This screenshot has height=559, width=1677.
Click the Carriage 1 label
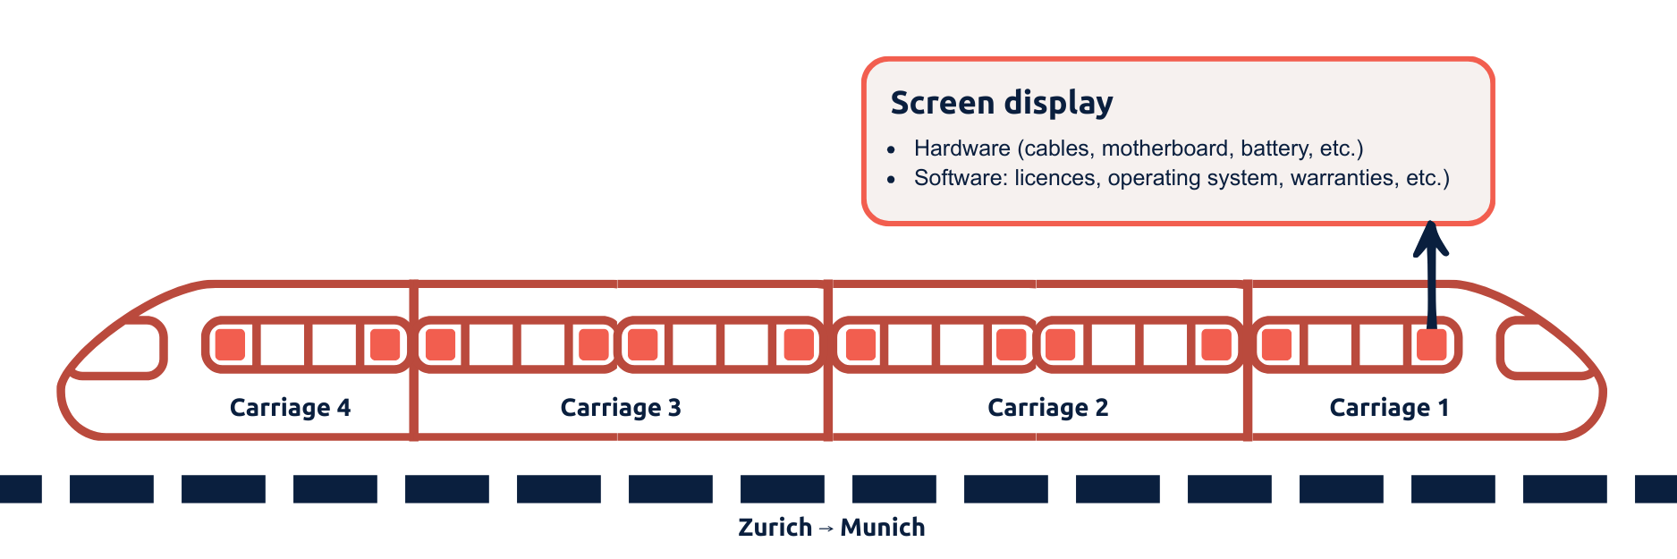tap(1388, 408)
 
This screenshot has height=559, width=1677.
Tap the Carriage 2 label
tap(1047, 408)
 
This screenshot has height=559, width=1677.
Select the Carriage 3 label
tap(620, 408)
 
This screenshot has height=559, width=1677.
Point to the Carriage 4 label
tap(290, 408)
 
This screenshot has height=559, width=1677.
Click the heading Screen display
tap(1001, 103)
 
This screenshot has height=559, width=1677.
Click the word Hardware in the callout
tap(961, 148)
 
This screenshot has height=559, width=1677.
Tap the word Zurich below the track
tap(775, 528)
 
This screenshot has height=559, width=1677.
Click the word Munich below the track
tap(882, 528)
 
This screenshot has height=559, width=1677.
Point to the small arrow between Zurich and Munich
tap(826, 529)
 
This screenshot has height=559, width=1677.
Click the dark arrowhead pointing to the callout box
tap(1431, 239)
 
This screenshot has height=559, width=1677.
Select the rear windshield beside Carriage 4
tap(122, 348)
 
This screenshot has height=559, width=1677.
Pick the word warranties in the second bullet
tap(1342, 178)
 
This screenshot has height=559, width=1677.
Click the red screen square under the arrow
tap(1431, 344)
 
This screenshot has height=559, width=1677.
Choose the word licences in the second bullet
tap(1054, 178)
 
